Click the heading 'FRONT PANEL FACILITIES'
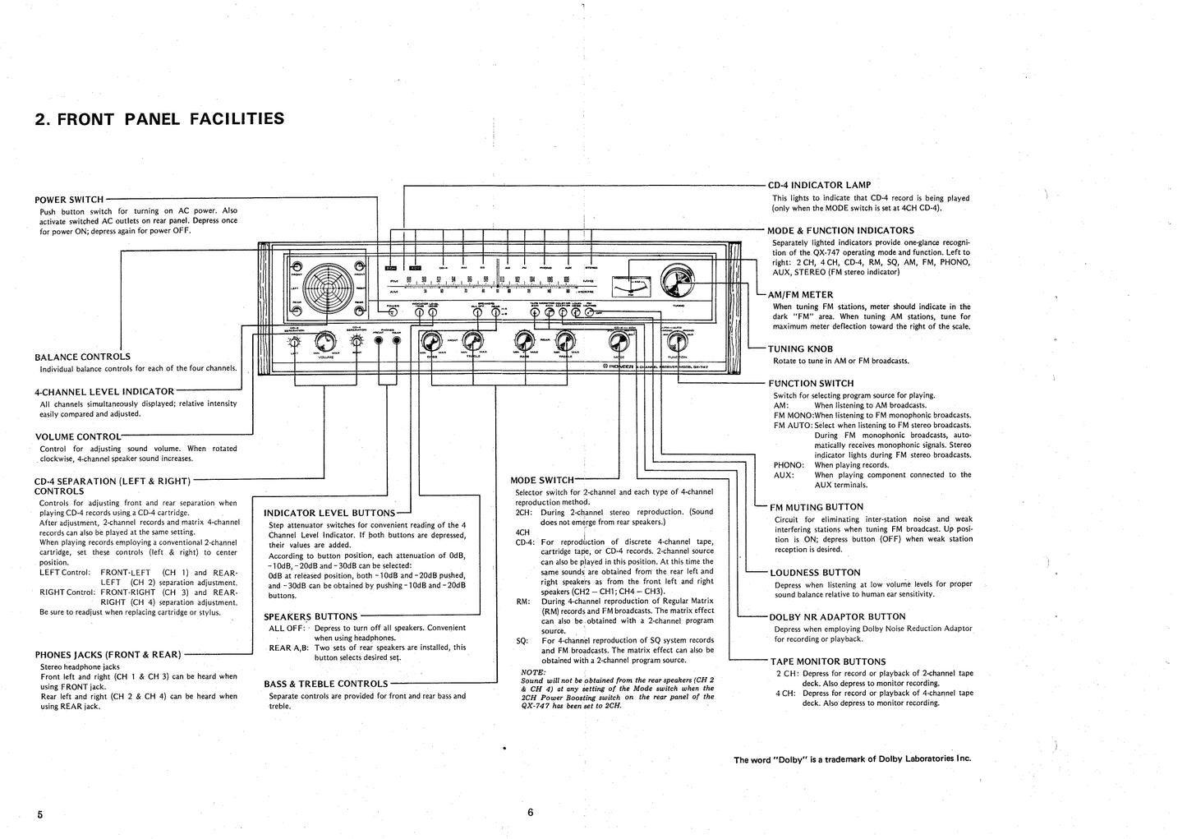pos(159,119)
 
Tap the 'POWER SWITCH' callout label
pos(69,199)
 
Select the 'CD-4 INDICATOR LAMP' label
pos(818,185)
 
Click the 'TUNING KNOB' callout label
pos(801,348)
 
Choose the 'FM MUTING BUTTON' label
pos(816,507)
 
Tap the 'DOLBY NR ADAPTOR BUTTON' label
pos(837,616)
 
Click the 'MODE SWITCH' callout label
pos(541,480)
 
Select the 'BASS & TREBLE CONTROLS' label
pos(325,684)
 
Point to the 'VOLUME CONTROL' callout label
pos(77,436)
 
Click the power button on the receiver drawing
pos(391,312)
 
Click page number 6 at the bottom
pos(531,812)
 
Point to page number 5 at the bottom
pos(39,814)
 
